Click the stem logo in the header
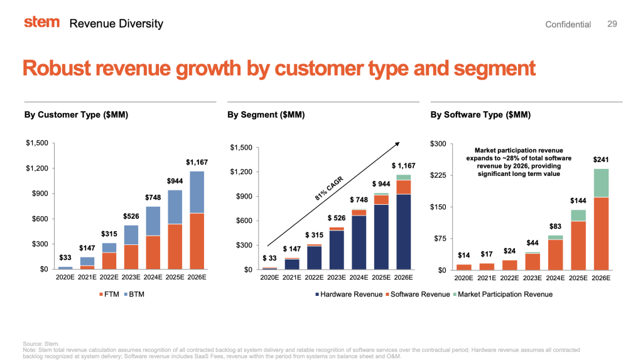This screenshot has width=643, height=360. [x=42, y=22]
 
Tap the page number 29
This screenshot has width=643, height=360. [x=612, y=23]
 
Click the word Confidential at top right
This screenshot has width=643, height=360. [x=568, y=24]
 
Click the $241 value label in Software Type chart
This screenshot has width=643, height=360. [x=601, y=160]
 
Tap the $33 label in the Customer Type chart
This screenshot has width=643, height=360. [x=65, y=257]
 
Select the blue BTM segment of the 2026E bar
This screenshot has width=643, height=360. [x=197, y=192]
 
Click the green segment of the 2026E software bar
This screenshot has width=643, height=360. [x=601, y=182]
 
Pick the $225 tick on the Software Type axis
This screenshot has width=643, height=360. [x=437, y=175]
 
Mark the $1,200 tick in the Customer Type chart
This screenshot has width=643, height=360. [x=37, y=168]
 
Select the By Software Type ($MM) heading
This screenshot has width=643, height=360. [x=480, y=115]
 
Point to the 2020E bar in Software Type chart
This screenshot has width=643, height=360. [x=464, y=267]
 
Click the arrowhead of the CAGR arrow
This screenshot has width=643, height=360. [x=397, y=144]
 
